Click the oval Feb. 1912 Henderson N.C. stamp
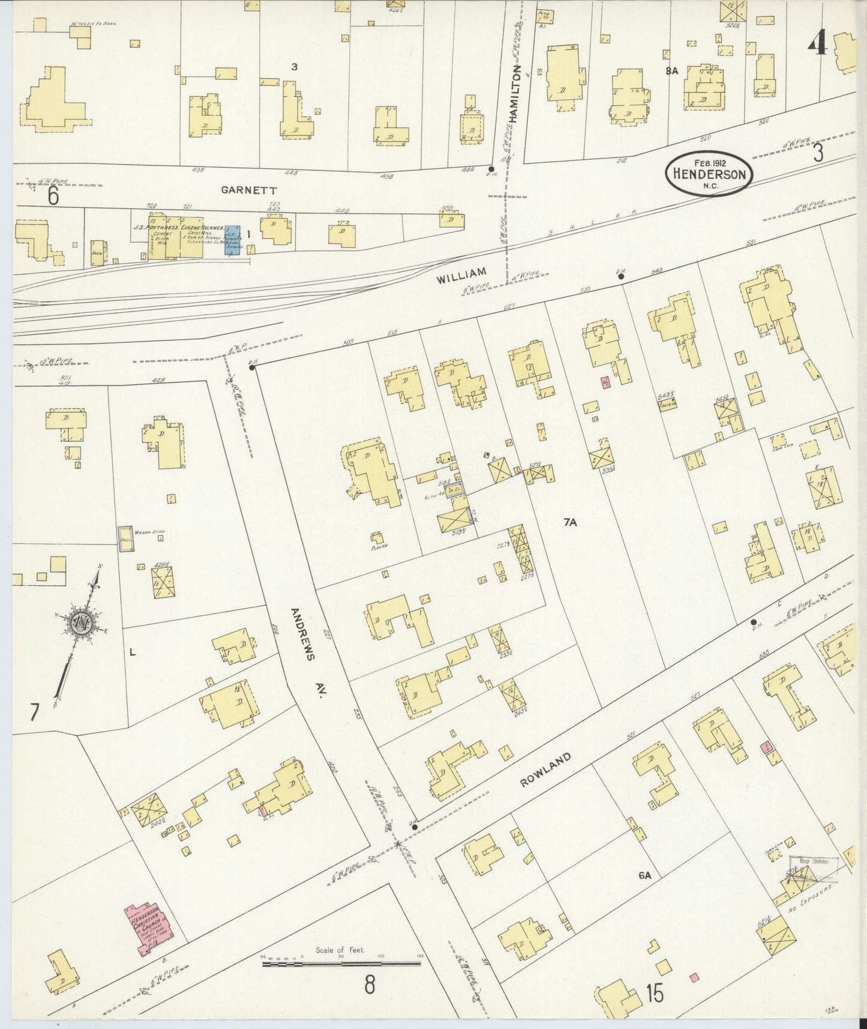click(709, 173)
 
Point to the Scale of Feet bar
click(341, 964)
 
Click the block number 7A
click(569, 522)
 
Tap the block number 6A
click(644, 876)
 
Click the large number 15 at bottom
click(655, 995)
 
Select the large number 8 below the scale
click(369, 984)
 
